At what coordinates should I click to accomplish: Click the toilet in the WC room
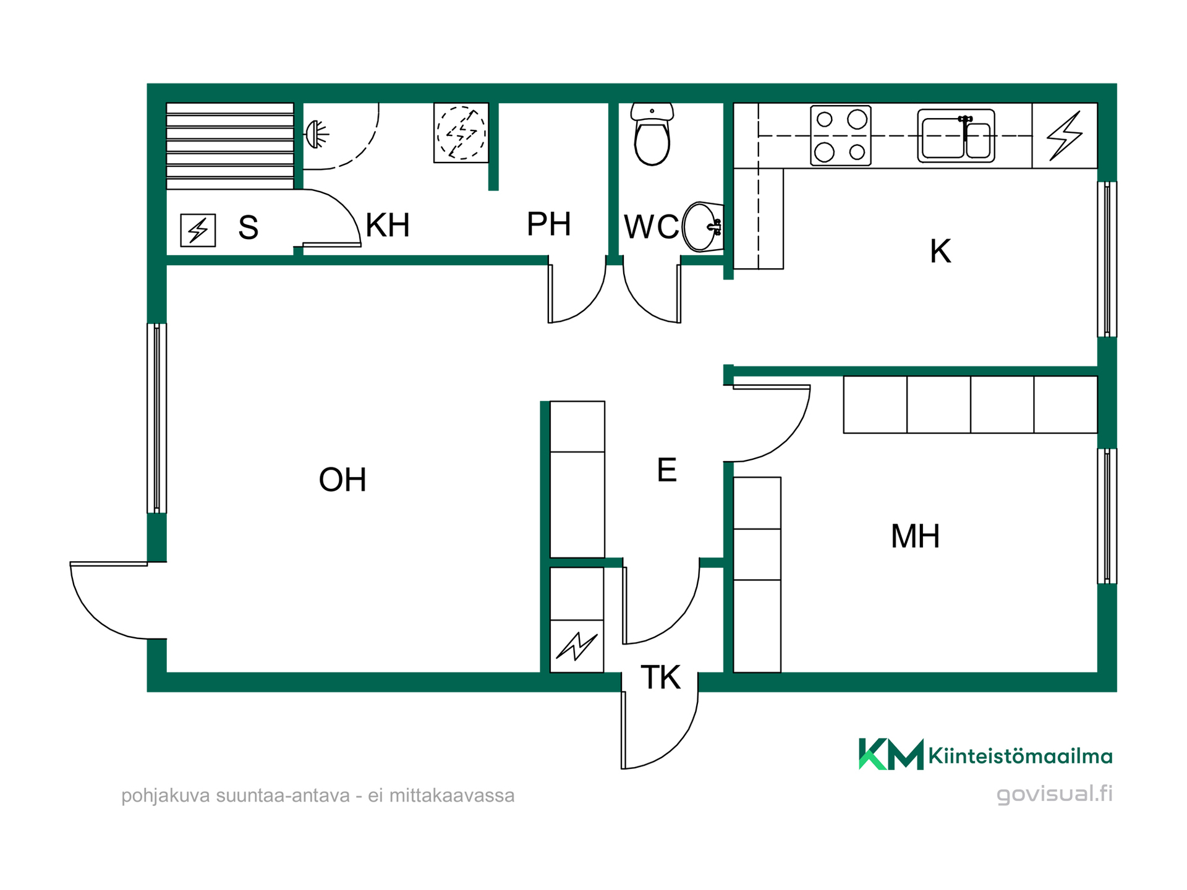coord(652,134)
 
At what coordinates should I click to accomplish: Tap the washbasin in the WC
coord(703,227)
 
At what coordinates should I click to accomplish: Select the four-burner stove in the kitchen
coord(841,135)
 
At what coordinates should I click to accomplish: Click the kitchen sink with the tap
coord(956,136)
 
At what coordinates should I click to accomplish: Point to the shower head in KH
coord(317,134)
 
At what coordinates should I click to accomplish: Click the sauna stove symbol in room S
coord(198,230)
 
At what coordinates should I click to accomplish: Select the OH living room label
coord(342,480)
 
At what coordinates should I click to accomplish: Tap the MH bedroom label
coord(915,536)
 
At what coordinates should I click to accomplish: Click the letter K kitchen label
coord(940,252)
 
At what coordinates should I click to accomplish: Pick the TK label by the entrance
coord(660,677)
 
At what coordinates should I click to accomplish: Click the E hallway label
coord(666,470)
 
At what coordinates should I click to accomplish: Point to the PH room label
coord(548,224)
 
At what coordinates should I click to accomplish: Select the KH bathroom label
coord(388,225)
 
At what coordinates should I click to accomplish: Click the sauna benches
coord(230,146)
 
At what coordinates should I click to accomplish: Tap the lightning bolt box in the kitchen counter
coord(1065,135)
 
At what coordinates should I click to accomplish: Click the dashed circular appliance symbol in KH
coord(461,133)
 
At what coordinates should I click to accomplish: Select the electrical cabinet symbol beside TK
coord(577,646)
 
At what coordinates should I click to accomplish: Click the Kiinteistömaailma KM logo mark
coord(891,754)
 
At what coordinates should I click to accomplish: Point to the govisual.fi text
coord(1054,794)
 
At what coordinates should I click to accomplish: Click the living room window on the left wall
coord(157,418)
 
